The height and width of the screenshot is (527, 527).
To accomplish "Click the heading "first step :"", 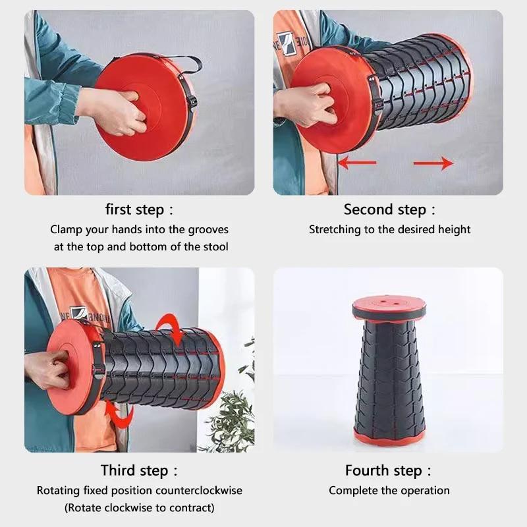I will (140, 210).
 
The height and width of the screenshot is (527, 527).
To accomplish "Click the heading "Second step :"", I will (389, 210).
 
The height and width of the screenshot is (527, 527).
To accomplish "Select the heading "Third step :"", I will (140, 470).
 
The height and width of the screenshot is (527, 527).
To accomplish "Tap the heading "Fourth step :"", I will (389, 470).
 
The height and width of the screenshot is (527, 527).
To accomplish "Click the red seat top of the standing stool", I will (388, 308).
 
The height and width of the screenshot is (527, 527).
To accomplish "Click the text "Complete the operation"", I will (389, 491).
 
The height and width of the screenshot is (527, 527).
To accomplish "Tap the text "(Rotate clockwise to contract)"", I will (139, 508).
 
